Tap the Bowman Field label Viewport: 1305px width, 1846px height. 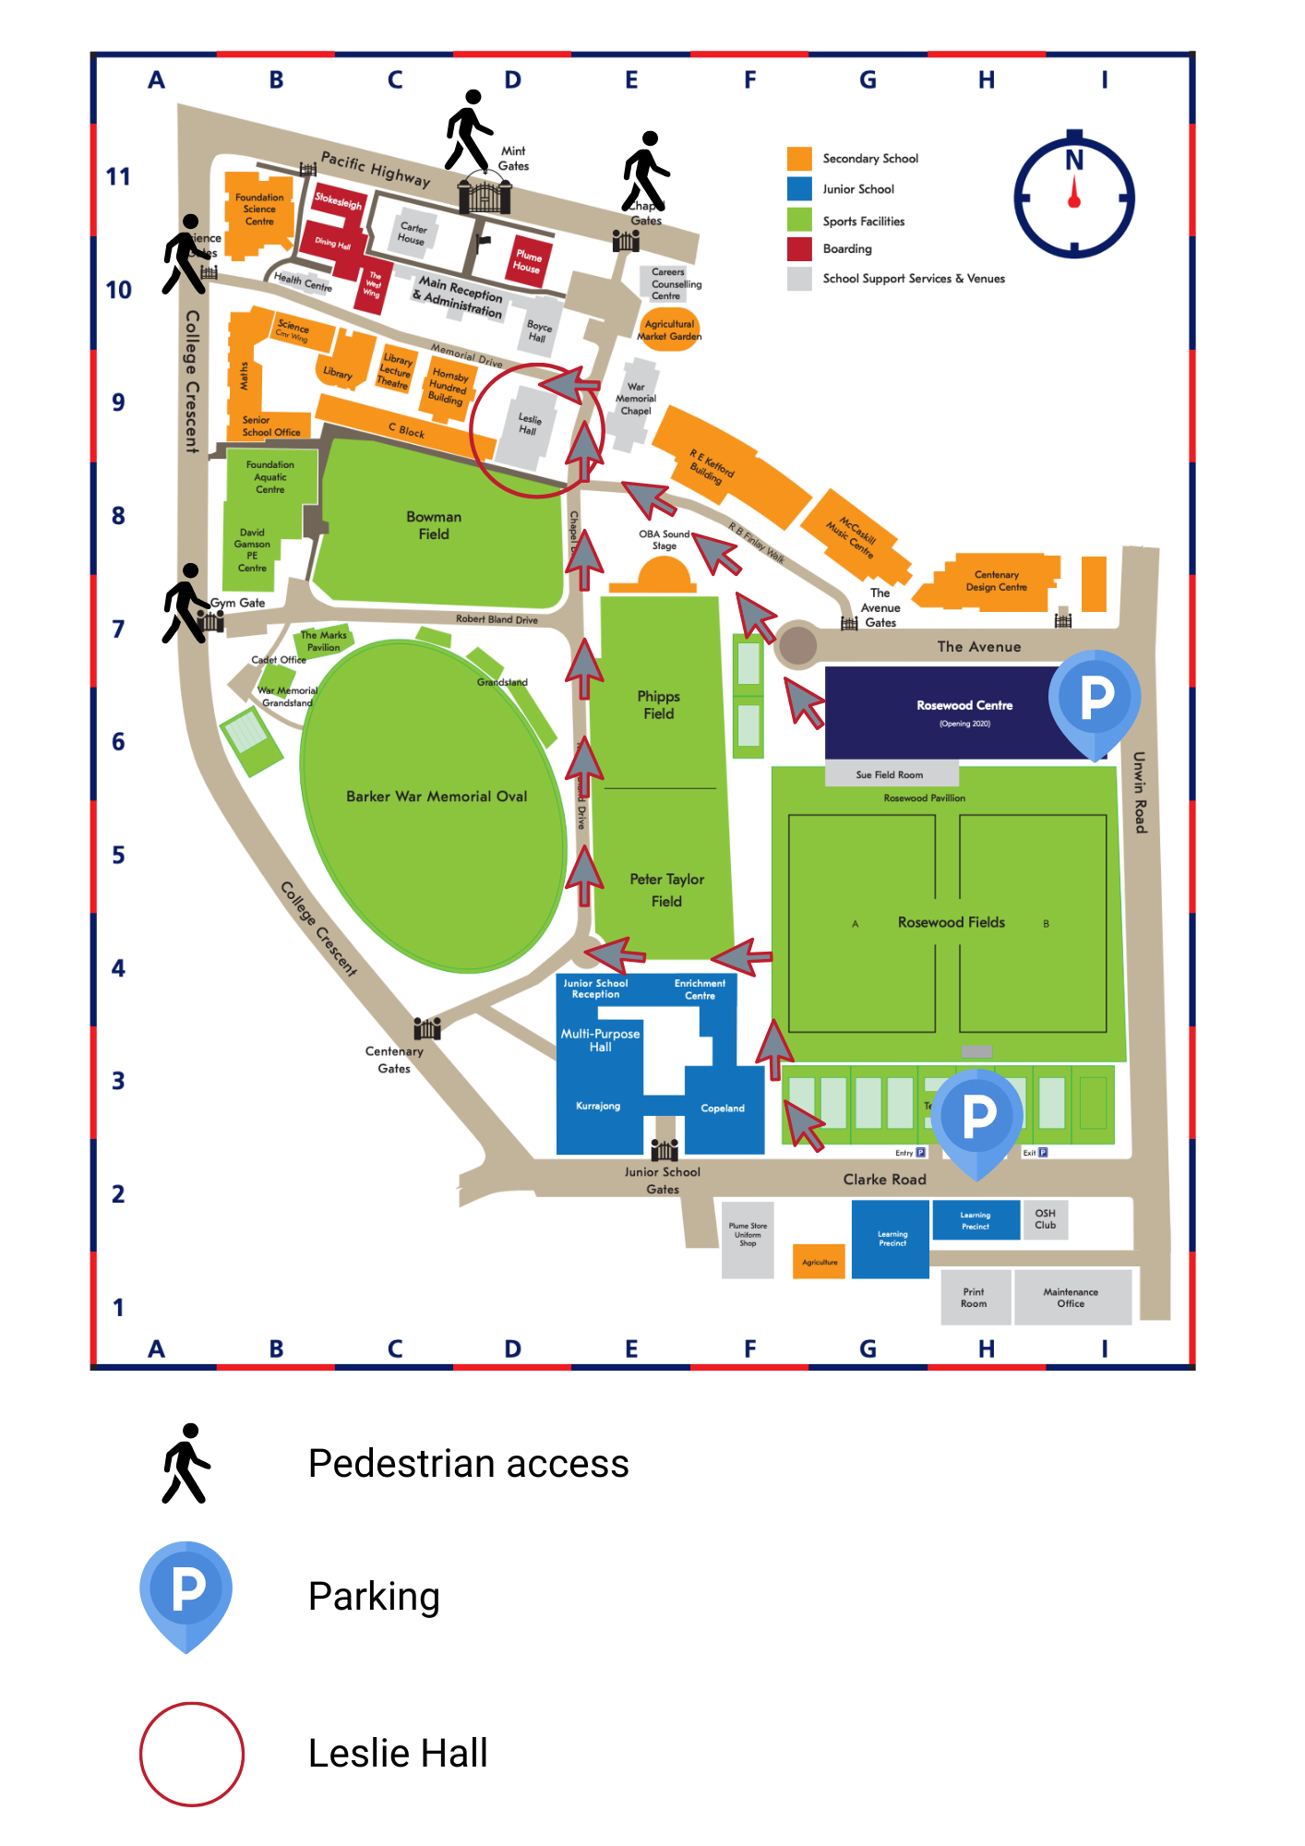point(434,525)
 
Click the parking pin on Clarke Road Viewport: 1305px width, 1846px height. point(978,1116)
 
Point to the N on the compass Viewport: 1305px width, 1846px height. point(1074,161)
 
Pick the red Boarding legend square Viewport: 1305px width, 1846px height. point(799,249)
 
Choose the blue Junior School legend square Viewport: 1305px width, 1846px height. point(799,189)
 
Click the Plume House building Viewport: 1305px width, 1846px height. point(528,260)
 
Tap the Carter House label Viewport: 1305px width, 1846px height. point(413,234)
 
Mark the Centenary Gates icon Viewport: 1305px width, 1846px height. point(426,1027)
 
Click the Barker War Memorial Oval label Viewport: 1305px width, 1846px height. point(437,797)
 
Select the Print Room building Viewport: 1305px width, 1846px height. point(974,1298)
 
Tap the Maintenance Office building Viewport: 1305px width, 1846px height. point(1072,1298)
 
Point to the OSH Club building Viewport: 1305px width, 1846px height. point(1046,1219)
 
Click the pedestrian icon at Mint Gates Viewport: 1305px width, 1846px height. point(469,130)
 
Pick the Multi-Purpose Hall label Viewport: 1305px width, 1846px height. point(600,1040)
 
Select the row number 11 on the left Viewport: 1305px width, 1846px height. point(118,176)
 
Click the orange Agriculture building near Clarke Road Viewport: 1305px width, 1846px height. point(820,1262)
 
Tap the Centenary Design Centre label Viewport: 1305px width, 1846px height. point(996,581)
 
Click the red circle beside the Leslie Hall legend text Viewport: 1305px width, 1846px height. point(192,1754)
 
